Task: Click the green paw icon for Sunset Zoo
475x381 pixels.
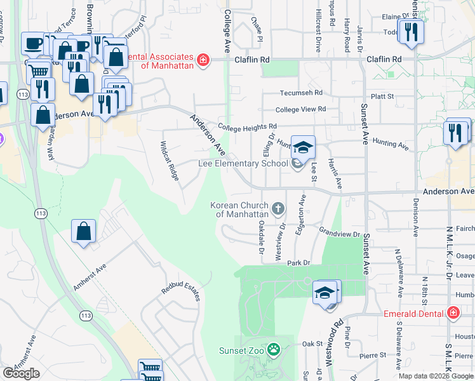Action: (x=274, y=349)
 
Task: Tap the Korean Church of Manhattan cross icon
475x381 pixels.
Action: (x=278, y=208)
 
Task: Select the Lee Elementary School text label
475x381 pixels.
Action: (x=243, y=163)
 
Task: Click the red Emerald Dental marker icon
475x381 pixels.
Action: (x=453, y=313)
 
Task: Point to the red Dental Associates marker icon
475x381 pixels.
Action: (x=203, y=60)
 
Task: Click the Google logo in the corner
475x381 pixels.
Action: (x=21, y=373)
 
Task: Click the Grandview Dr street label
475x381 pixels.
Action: (x=339, y=233)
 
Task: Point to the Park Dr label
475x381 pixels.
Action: (x=298, y=262)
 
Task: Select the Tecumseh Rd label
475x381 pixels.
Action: (x=301, y=93)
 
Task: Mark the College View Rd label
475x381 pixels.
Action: (x=300, y=109)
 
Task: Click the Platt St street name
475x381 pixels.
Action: (x=382, y=97)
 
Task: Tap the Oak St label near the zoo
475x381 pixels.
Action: (x=312, y=344)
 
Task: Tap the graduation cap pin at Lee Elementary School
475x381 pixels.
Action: (x=303, y=147)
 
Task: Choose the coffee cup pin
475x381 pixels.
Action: (x=32, y=44)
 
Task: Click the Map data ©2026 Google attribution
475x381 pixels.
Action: (x=436, y=376)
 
